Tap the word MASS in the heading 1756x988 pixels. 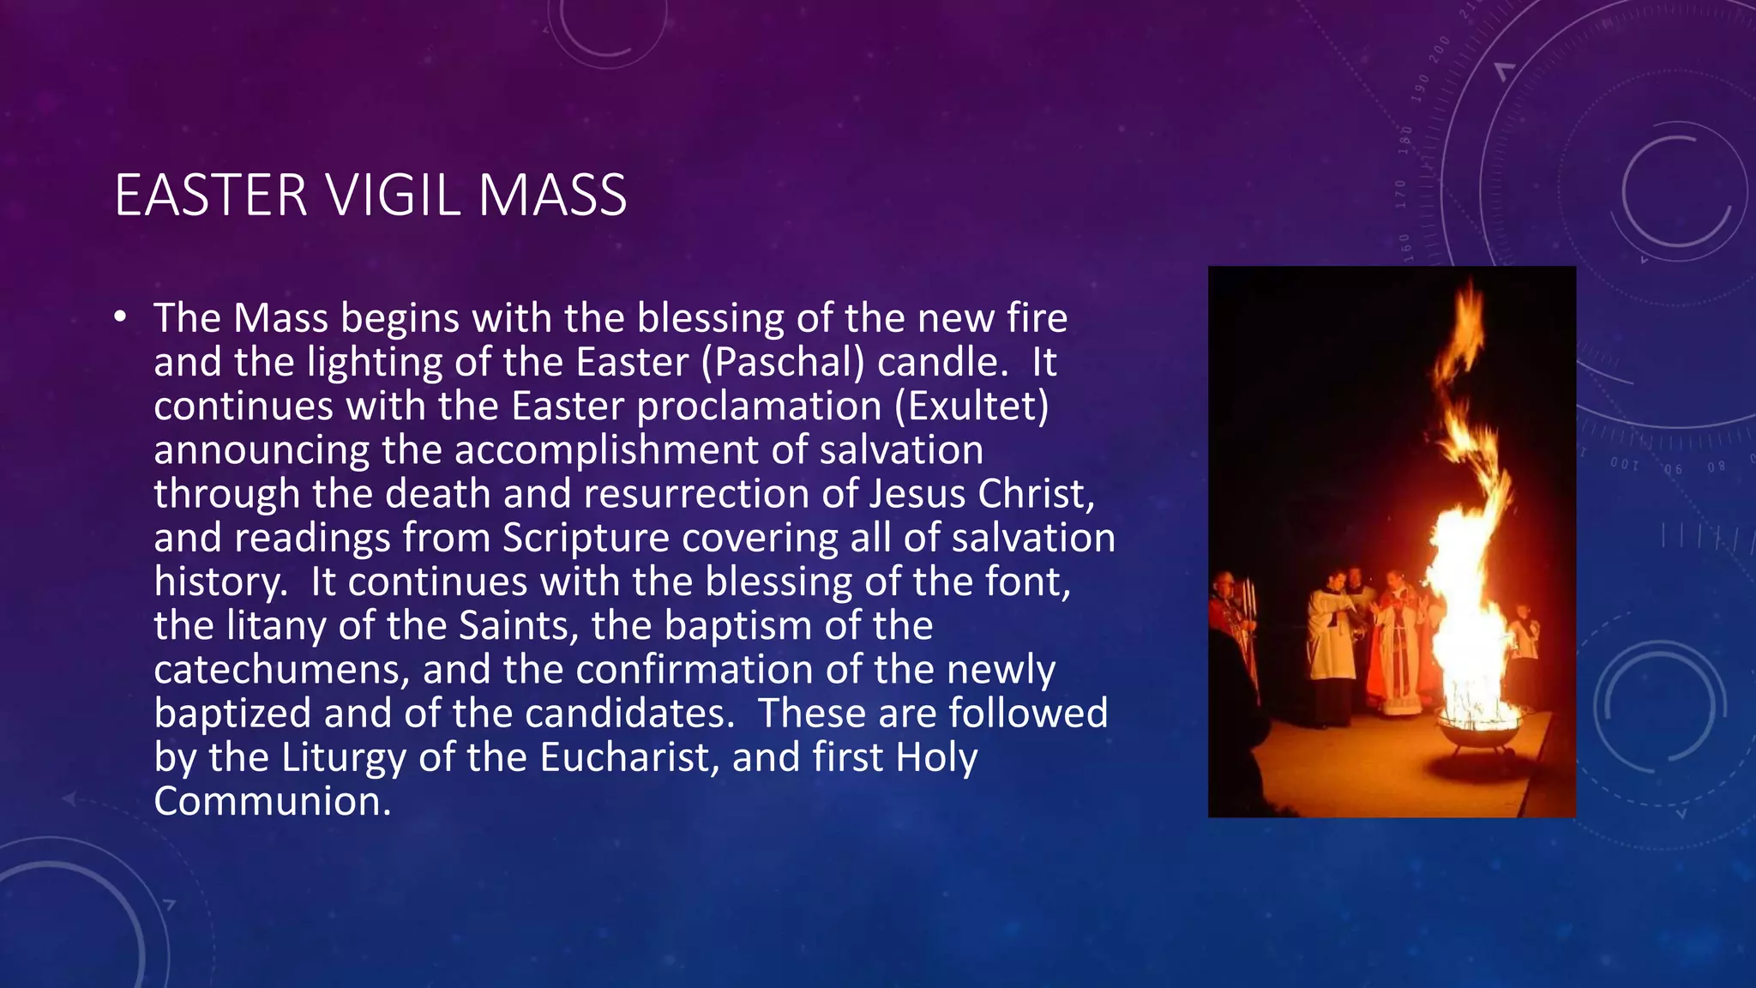(552, 196)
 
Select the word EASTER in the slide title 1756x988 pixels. (211, 196)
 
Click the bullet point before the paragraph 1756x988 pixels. (121, 318)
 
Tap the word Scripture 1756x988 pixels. (586, 538)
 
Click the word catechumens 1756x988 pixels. (280, 669)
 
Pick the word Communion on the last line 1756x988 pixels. (272, 801)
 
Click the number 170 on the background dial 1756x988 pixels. (1401, 195)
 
